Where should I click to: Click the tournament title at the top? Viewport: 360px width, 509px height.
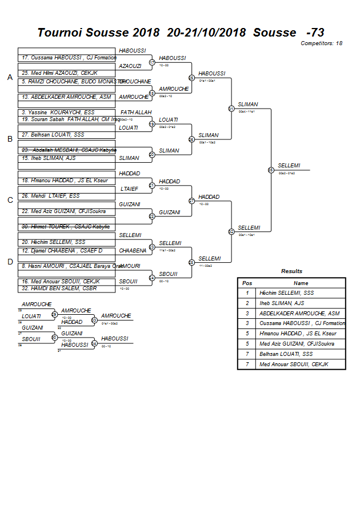181,33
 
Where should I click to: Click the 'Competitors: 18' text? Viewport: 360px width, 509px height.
323,43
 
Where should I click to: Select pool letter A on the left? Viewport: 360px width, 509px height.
10,77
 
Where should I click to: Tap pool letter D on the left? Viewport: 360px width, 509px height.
10,262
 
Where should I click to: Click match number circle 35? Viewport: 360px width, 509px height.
270,170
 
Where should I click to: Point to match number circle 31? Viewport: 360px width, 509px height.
231,109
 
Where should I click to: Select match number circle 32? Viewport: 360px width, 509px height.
231,231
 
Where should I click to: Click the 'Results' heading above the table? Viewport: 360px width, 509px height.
291,271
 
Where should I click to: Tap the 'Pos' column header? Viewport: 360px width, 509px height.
247,283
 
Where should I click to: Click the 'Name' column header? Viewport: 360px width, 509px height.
301,283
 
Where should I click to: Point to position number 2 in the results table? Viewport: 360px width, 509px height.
247,303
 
